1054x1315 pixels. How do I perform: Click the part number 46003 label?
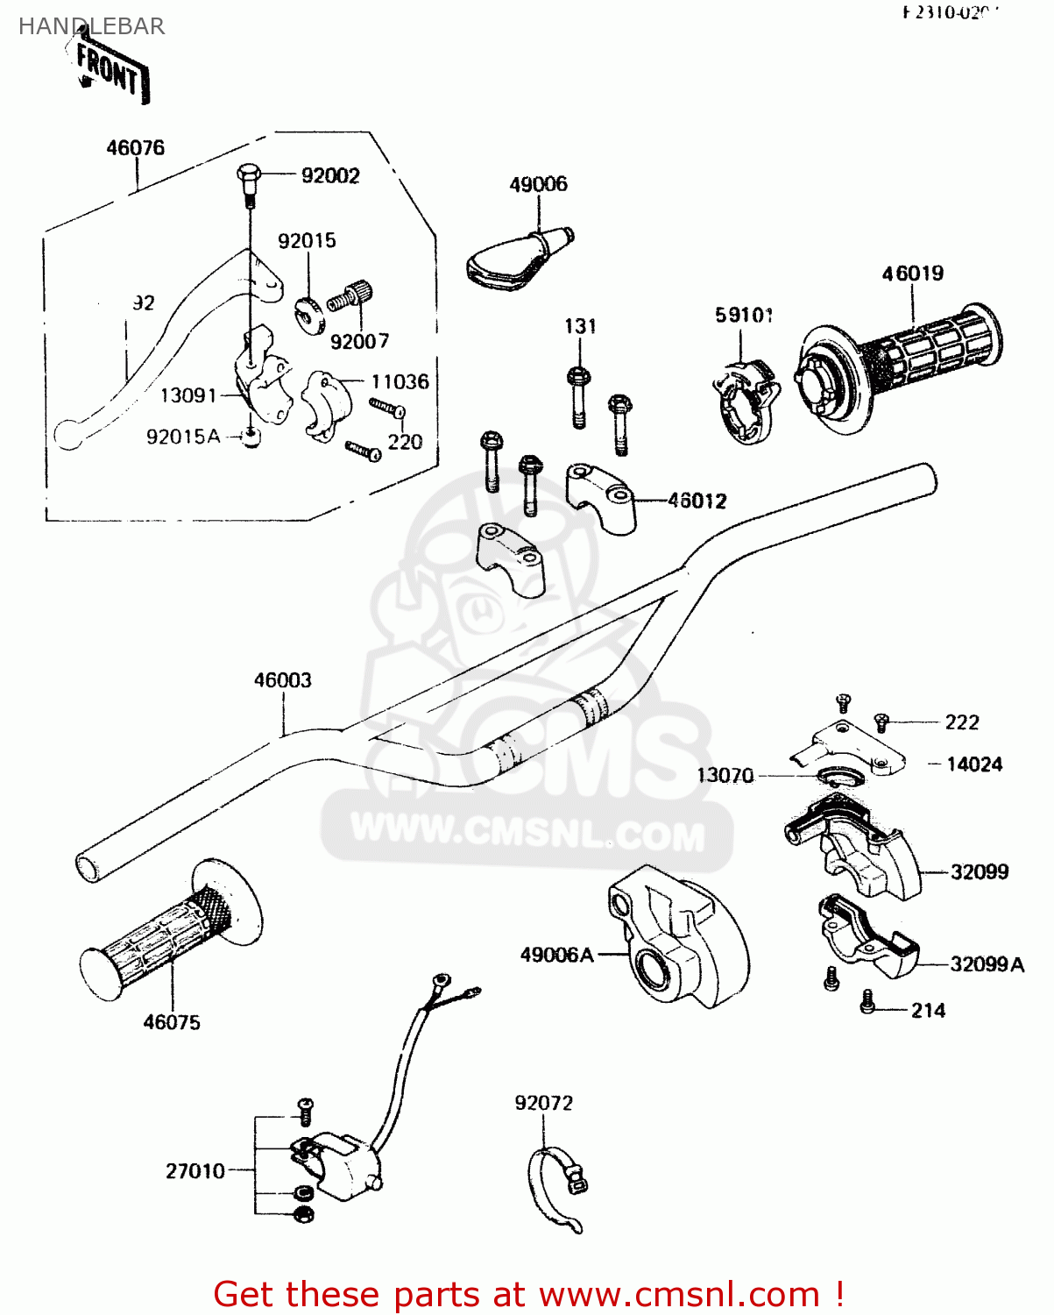click(282, 680)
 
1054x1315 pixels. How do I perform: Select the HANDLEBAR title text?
click(91, 26)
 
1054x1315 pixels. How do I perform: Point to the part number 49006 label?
click(538, 184)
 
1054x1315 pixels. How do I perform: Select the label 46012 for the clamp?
click(697, 501)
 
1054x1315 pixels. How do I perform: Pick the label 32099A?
click(987, 964)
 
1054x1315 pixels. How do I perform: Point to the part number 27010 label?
click(195, 1171)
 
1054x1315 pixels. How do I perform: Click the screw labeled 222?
click(882, 722)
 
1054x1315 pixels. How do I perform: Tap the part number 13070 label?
click(725, 776)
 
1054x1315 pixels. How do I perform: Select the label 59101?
click(744, 316)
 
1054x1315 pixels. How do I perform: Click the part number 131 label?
click(580, 327)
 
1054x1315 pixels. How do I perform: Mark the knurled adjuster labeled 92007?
click(351, 295)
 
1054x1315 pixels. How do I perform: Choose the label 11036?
click(400, 382)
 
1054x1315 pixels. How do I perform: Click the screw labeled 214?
click(867, 1002)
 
